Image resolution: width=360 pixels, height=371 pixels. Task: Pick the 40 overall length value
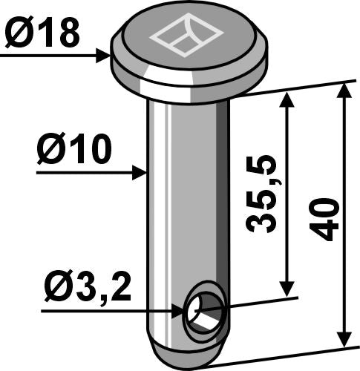pyautogui.click(x=327, y=218)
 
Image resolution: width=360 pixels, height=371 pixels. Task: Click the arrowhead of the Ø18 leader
pyautogui.click(x=105, y=54)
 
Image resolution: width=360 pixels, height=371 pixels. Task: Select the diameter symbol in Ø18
pyautogui.click(x=19, y=33)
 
